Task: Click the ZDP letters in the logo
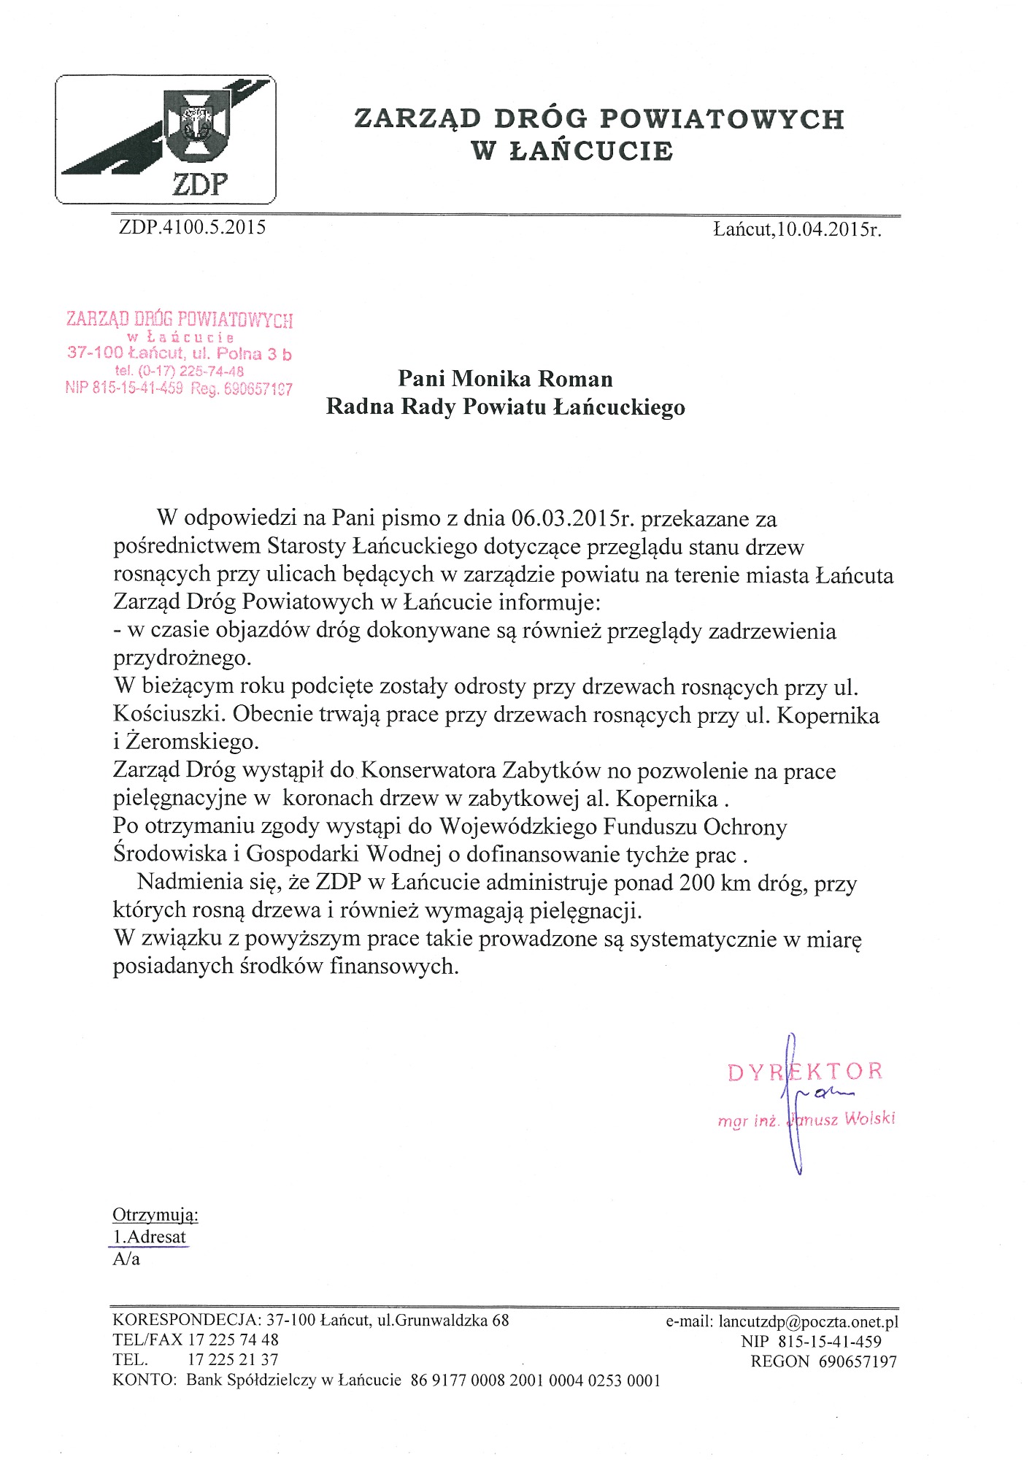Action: (x=199, y=184)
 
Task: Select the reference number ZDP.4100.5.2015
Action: (x=192, y=227)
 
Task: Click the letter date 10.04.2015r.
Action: (x=828, y=230)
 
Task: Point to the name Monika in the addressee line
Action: (x=492, y=378)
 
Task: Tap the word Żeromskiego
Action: (x=192, y=742)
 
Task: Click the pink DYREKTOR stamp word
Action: (x=805, y=1072)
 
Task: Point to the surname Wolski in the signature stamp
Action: (x=869, y=1119)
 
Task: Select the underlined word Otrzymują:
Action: (x=155, y=1215)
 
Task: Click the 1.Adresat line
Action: (x=150, y=1237)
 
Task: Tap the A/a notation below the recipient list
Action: (x=126, y=1259)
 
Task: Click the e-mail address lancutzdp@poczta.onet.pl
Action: (x=808, y=1321)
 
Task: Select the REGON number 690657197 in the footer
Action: (x=858, y=1361)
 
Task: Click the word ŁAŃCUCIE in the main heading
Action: (x=590, y=151)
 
